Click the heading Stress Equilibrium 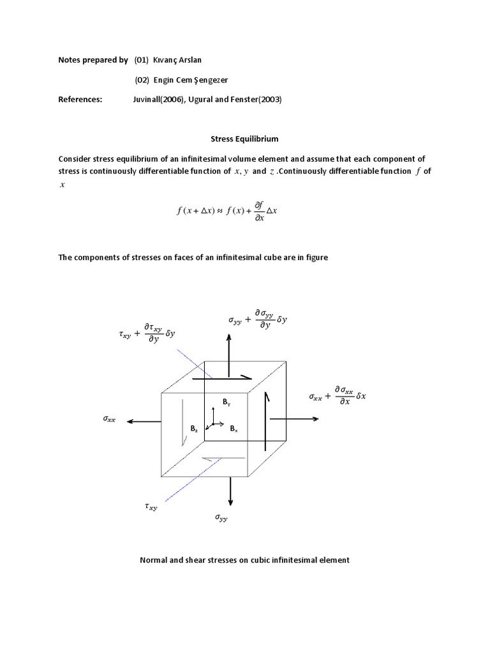pos(244,138)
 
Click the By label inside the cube pos(226,402)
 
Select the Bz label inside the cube pos(194,429)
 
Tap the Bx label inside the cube pos(234,429)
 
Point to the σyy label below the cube pos(221,519)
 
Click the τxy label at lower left pos(151,506)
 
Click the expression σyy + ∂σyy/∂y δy pos(258,318)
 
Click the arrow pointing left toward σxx pos(144,421)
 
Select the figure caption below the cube pos(244,560)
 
